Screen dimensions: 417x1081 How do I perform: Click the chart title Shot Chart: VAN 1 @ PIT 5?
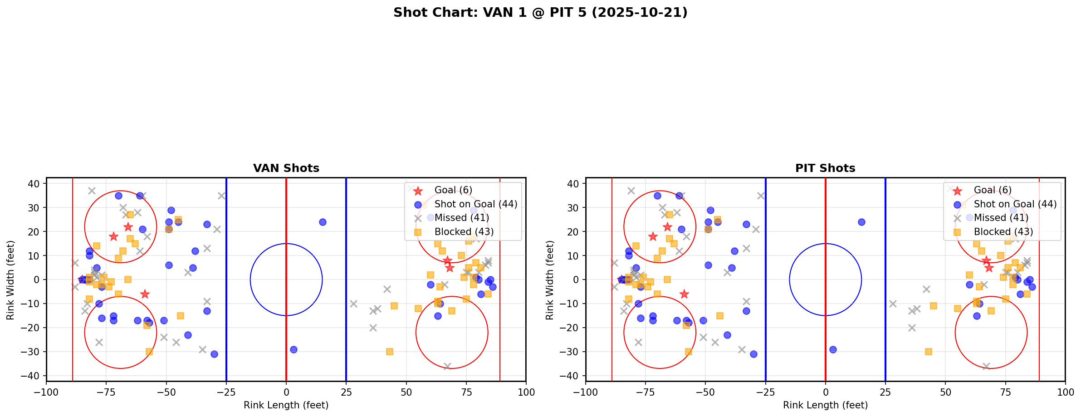pyautogui.click(x=540, y=13)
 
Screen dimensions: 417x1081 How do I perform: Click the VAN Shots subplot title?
pyautogui.click(x=286, y=168)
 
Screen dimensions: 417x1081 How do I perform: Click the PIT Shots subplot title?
pyautogui.click(x=825, y=168)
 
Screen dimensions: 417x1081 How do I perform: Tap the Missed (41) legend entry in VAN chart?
pyautogui.click(x=461, y=218)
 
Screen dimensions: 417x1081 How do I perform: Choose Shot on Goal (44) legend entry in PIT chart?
pyautogui.click(x=1015, y=204)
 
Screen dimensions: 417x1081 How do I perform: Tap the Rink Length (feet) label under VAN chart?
pyautogui.click(x=286, y=405)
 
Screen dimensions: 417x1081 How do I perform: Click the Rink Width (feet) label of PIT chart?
pyautogui.click(x=550, y=280)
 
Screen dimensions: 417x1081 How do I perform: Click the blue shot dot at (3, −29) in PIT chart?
pyautogui.click(x=833, y=349)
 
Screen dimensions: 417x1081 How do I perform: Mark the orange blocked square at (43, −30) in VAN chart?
pyautogui.click(x=389, y=352)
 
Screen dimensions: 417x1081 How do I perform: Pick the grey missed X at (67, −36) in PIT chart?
pyautogui.click(x=986, y=366)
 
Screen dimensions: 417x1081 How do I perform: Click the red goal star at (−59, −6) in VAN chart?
pyautogui.click(x=145, y=294)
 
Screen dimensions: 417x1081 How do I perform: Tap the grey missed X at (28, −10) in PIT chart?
pyautogui.click(x=893, y=304)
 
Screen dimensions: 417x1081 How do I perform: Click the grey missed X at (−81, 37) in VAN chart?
pyautogui.click(x=92, y=191)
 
